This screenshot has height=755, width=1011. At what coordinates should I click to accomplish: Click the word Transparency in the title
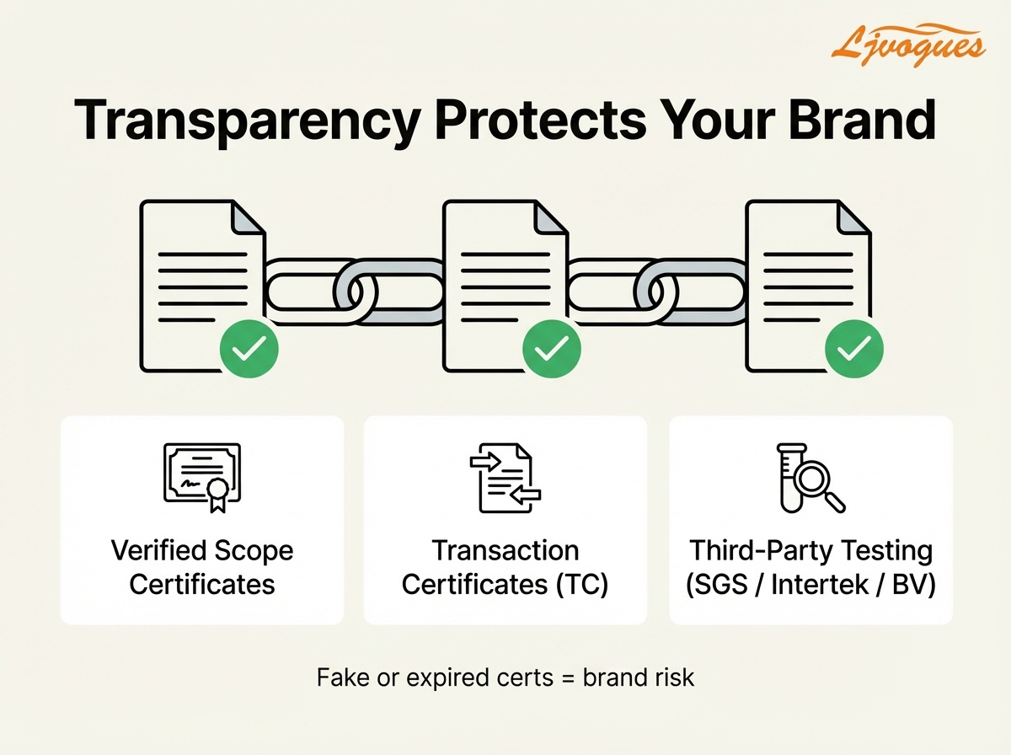coord(244,121)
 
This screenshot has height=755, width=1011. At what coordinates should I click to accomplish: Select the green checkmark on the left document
coord(249,347)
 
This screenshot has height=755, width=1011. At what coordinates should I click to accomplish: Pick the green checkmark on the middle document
coord(551,347)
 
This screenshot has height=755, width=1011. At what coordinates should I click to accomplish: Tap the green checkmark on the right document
coord(853,347)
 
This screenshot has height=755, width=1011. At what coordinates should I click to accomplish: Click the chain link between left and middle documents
coord(354,292)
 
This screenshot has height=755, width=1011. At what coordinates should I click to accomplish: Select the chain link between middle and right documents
coord(657,292)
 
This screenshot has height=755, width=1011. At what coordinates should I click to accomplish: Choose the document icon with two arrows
coord(505,479)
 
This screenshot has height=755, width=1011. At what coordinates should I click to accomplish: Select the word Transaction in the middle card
coord(505,551)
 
